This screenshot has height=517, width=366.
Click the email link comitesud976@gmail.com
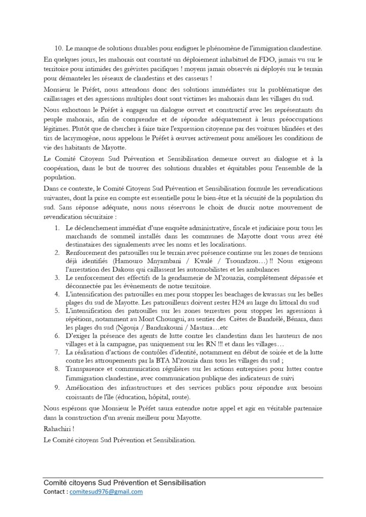(x=106, y=491)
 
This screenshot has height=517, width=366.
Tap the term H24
(x=236, y=302)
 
